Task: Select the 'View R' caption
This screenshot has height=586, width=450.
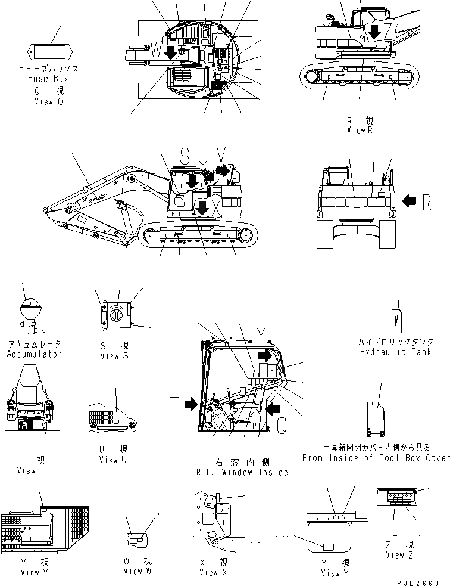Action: (x=360, y=130)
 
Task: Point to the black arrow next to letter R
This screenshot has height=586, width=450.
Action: (x=410, y=202)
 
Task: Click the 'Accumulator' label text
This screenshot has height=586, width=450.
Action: (x=35, y=354)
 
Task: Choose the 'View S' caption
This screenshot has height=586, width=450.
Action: (x=114, y=356)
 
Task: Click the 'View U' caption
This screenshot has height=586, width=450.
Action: (x=113, y=460)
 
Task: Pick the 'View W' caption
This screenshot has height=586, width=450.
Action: (x=138, y=571)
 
